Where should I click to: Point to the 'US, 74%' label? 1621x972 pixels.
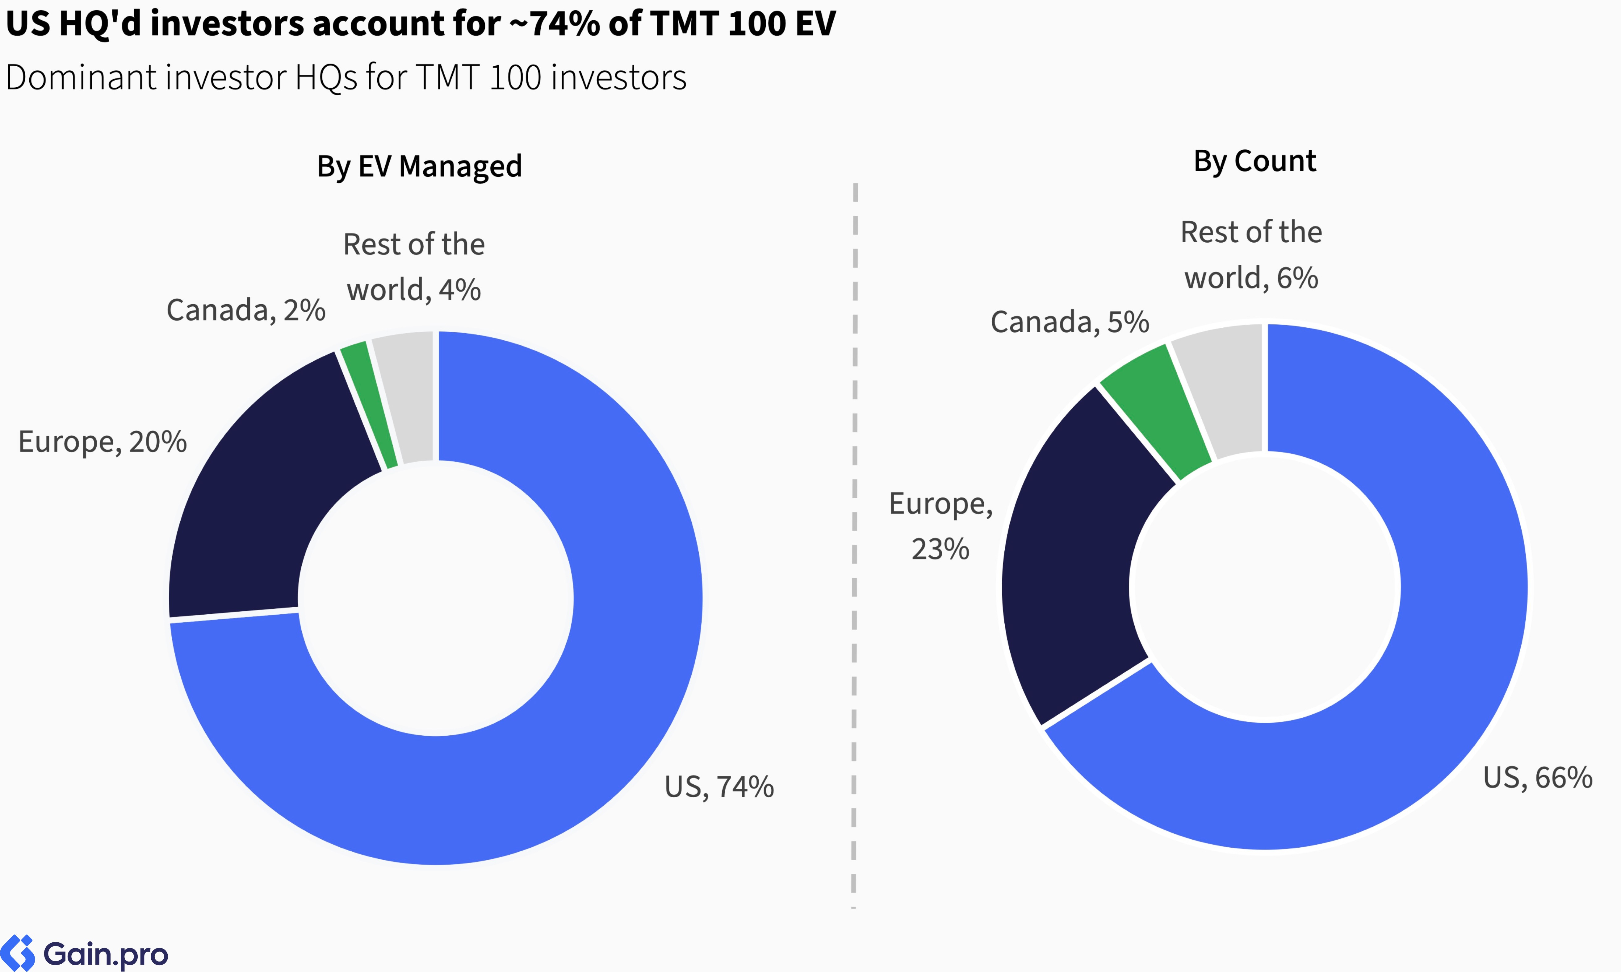click(719, 787)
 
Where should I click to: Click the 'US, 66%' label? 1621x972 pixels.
click(1537, 778)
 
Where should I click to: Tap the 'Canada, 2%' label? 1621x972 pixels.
click(246, 310)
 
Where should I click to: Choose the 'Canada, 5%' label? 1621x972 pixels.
click(1069, 322)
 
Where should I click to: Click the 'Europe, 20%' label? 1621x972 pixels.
click(102, 442)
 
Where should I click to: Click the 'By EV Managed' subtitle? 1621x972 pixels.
click(419, 166)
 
